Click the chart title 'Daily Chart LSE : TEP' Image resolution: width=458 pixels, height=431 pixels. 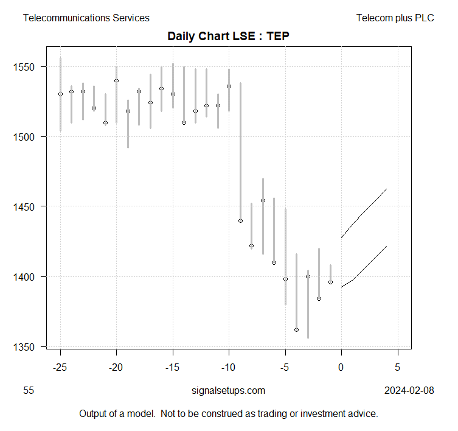[x=228, y=36]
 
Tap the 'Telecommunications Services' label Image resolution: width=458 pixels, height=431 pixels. [x=86, y=18]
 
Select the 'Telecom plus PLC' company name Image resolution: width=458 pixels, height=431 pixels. [x=395, y=18]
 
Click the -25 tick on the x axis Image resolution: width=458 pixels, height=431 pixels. [x=60, y=368]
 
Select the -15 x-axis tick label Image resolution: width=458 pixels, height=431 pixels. [x=173, y=368]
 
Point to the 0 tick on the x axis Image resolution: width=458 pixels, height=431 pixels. [x=341, y=368]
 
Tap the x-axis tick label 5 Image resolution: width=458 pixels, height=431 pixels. [x=398, y=368]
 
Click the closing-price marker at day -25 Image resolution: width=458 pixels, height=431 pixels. [x=60, y=94]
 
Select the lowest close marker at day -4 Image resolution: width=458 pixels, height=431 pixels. [x=296, y=329]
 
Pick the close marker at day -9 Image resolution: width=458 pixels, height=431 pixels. [x=240, y=220]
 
